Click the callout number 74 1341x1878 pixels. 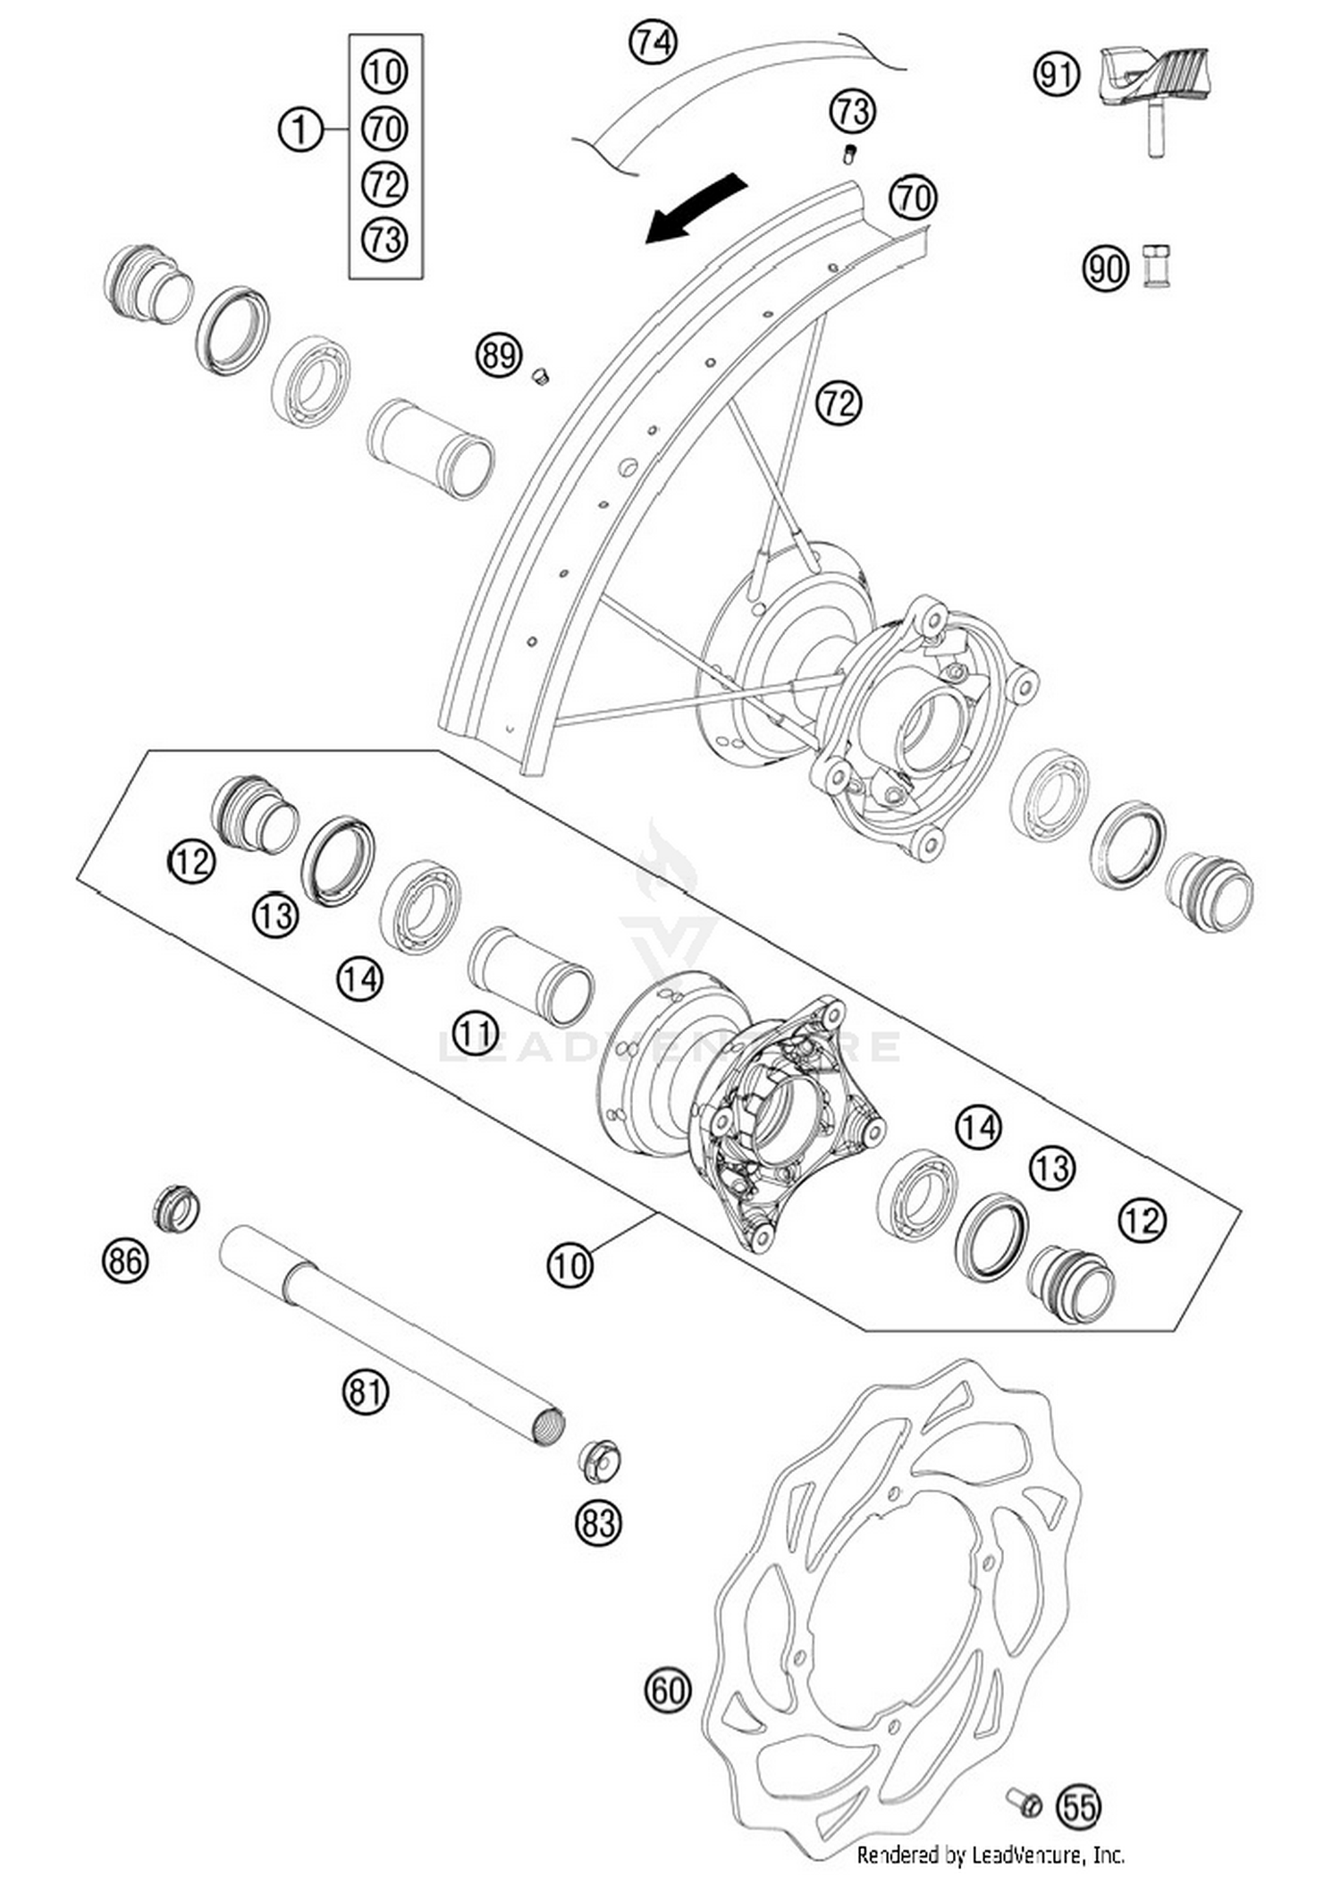click(653, 42)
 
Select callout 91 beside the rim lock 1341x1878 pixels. click(1057, 74)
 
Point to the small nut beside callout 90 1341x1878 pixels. click(1157, 266)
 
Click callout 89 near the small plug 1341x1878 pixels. click(498, 356)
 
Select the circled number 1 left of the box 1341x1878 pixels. click(300, 131)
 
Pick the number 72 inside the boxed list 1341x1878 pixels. click(384, 184)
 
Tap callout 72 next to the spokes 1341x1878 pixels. click(838, 403)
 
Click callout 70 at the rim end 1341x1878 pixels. click(913, 198)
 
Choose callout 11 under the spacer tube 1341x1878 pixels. click(474, 1034)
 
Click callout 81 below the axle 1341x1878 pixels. click(365, 1392)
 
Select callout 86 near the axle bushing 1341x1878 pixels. click(124, 1261)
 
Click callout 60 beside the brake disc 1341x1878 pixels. click(667, 1691)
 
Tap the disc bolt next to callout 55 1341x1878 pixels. click(1024, 1801)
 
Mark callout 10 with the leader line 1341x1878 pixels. click(569, 1265)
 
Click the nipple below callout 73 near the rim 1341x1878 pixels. click(849, 155)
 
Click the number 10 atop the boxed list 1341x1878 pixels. click(384, 72)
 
